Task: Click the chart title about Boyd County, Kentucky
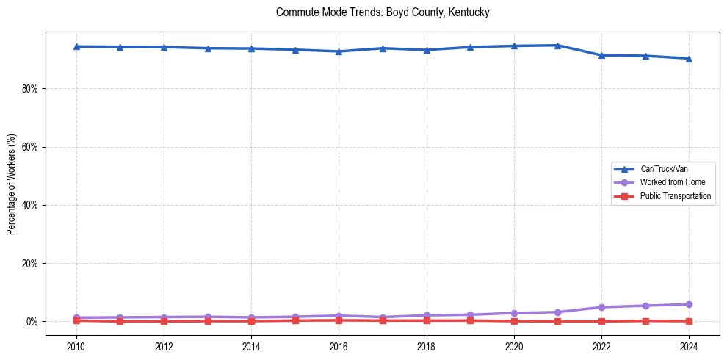pyautogui.click(x=383, y=12)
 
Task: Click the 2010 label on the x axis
pyautogui.click(x=76, y=346)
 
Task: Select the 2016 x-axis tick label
pyautogui.click(x=339, y=346)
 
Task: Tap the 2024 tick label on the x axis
pyautogui.click(x=689, y=346)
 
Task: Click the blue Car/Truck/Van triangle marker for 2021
pyautogui.click(x=557, y=46)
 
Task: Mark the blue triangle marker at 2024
pyautogui.click(x=689, y=59)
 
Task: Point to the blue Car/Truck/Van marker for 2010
pyautogui.click(x=76, y=46)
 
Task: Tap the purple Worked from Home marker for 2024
pyautogui.click(x=689, y=304)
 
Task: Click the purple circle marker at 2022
pyautogui.click(x=601, y=307)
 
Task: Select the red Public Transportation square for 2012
pyautogui.click(x=164, y=321)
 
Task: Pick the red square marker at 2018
pyautogui.click(x=427, y=320)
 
